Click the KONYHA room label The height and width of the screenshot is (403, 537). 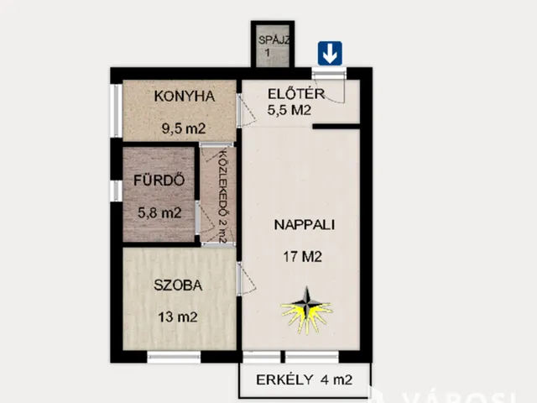(184, 97)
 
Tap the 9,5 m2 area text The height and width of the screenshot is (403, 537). (184, 129)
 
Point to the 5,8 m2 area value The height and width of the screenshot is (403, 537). (159, 213)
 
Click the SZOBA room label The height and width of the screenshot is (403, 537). (177, 285)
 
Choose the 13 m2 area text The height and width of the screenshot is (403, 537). (177, 317)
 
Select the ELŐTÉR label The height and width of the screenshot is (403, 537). (291, 93)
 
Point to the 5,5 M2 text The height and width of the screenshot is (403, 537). (291, 109)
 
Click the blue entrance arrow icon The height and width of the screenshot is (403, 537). (329, 55)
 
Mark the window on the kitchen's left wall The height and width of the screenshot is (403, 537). (115, 109)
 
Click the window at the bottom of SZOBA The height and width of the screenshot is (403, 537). (174, 358)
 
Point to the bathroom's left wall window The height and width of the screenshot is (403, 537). (115, 186)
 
